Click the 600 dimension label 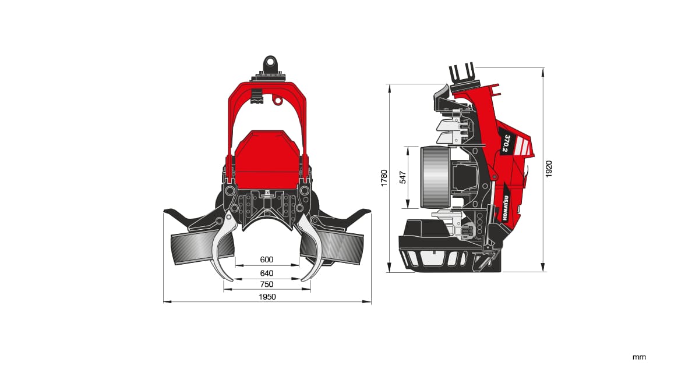pos(267,259)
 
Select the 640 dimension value pos(267,273)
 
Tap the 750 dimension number pos(267,284)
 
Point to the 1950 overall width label pos(267,297)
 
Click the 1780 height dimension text pos(384,178)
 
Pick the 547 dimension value pos(403,177)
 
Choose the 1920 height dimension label pos(549,169)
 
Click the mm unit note pos(639,357)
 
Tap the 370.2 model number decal pos(507,143)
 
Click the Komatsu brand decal pos(506,208)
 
